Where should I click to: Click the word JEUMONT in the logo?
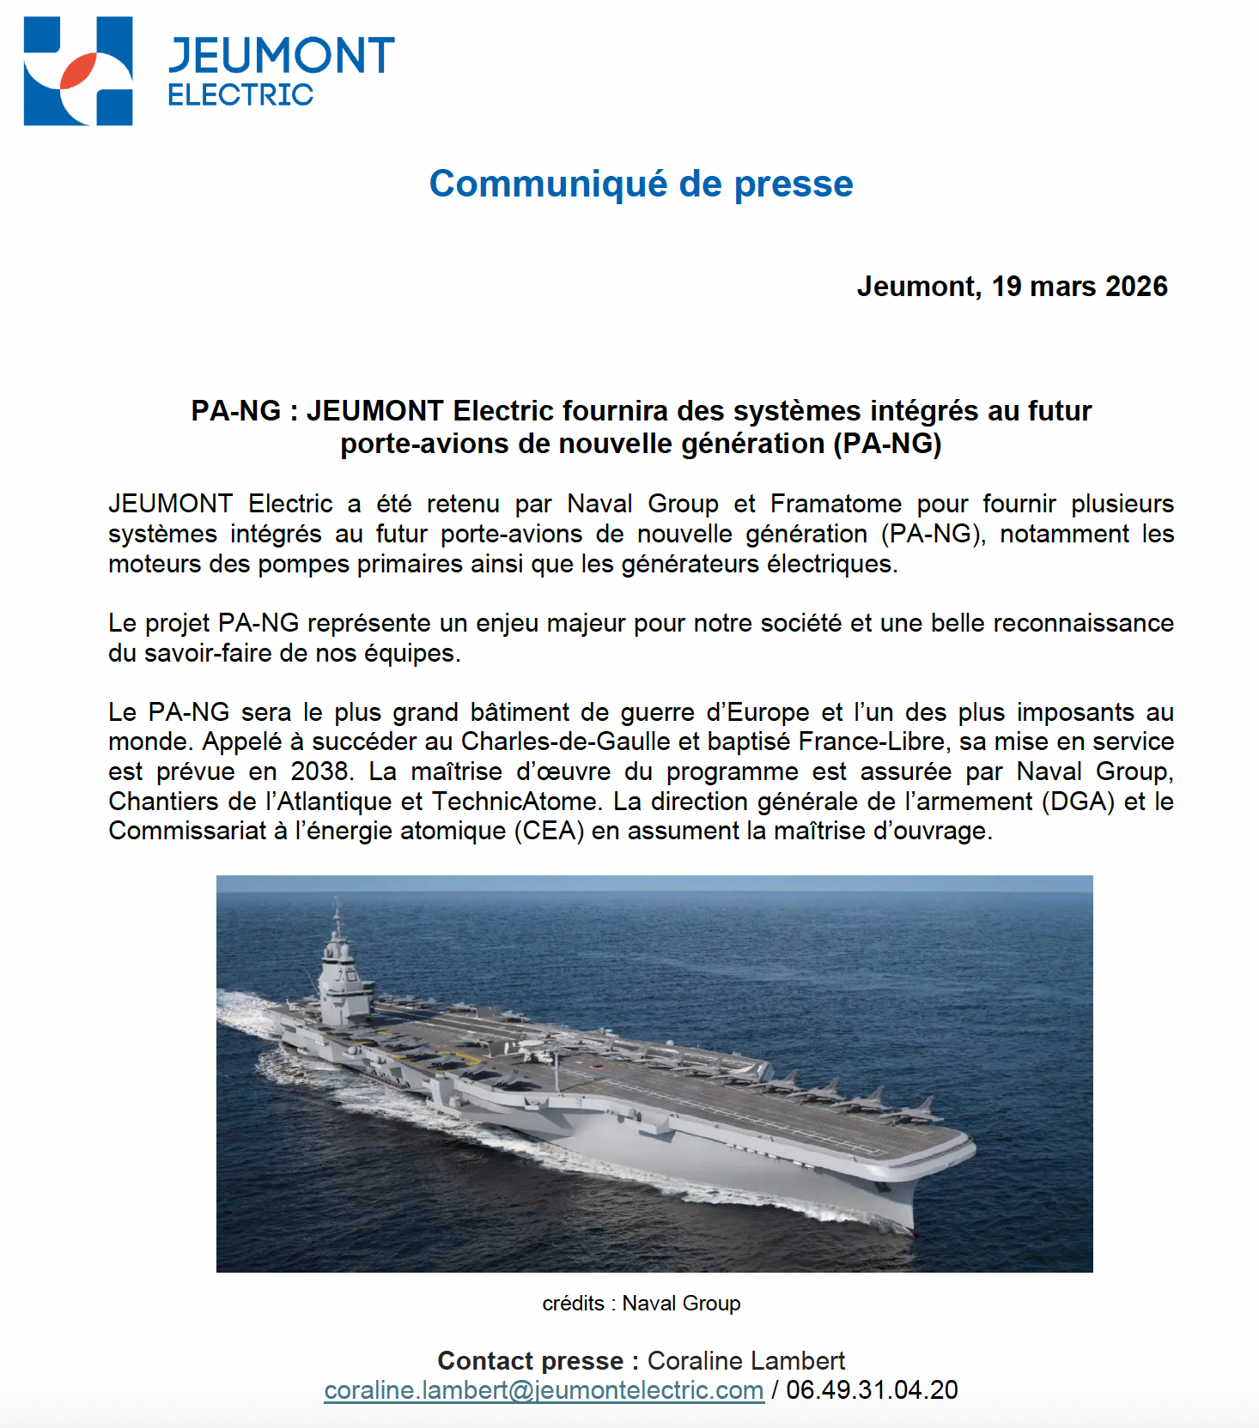(281, 56)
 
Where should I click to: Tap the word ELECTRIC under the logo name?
(240, 94)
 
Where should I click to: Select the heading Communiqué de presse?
(641, 184)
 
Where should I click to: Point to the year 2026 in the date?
(1136, 286)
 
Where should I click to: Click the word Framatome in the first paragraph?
(836, 504)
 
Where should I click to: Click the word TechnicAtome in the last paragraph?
(515, 802)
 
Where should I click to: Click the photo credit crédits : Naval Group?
(641, 1304)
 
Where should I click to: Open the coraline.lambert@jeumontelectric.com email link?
(544, 1390)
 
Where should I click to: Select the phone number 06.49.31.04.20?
(872, 1390)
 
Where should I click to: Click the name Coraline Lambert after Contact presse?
(745, 1361)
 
